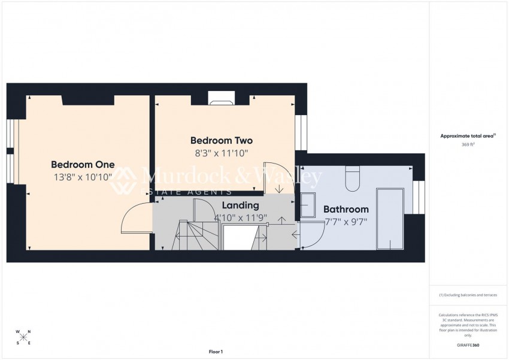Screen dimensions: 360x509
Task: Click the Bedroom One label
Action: (83, 165)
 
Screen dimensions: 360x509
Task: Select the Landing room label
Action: (240, 205)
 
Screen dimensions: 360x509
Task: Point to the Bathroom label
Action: (346, 210)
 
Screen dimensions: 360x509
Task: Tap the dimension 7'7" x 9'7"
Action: (346, 222)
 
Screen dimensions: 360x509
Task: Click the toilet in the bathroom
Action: (353, 179)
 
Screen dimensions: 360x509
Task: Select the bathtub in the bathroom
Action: (389, 219)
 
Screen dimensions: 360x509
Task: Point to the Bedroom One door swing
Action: (135, 219)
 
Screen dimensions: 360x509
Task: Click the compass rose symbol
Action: (23, 337)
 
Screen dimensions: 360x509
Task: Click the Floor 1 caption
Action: (215, 352)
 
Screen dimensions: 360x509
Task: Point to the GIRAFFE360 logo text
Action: (467, 346)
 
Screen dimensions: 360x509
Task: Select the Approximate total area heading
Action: (467, 136)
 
